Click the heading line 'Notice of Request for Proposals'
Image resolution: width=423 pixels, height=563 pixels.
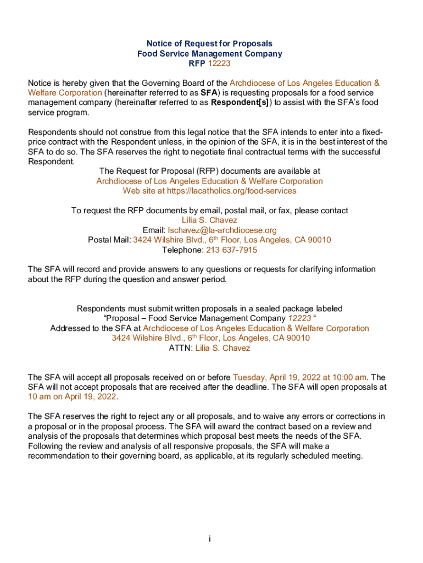[x=209, y=43]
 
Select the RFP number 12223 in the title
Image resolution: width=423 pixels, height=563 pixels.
[x=219, y=63]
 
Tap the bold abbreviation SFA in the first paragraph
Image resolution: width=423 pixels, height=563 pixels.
[x=208, y=93]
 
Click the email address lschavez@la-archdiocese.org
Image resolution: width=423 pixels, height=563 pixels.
[x=222, y=230]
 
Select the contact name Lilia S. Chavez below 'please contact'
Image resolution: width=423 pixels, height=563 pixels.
[x=209, y=220]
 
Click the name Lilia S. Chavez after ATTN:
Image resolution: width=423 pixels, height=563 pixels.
[x=222, y=348]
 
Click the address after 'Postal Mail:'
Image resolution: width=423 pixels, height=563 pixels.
[x=232, y=240]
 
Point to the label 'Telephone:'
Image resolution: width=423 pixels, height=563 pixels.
[x=183, y=250]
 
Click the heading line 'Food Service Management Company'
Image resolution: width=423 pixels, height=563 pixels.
[x=209, y=53]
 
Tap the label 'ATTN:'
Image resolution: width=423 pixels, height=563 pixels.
[x=181, y=348]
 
